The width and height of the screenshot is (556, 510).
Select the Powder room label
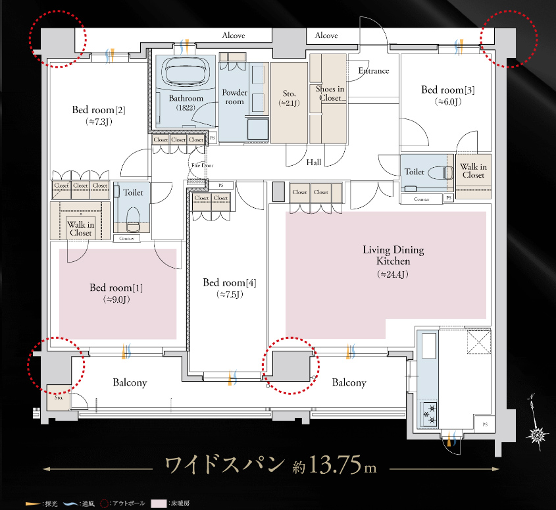click(x=234, y=97)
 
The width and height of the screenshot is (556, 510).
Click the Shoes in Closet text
click(x=329, y=93)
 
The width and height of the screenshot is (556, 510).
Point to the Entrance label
click(x=373, y=70)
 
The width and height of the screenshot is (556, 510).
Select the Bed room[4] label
click(x=229, y=282)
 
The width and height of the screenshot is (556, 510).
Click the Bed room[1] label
click(x=116, y=288)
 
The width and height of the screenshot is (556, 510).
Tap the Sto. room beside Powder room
click(x=288, y=99)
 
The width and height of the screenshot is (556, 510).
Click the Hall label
click(x=314, y=162)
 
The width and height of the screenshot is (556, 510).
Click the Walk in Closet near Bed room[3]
click(x=473, y=171)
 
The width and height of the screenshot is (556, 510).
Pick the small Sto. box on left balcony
click(x=57, y=397)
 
